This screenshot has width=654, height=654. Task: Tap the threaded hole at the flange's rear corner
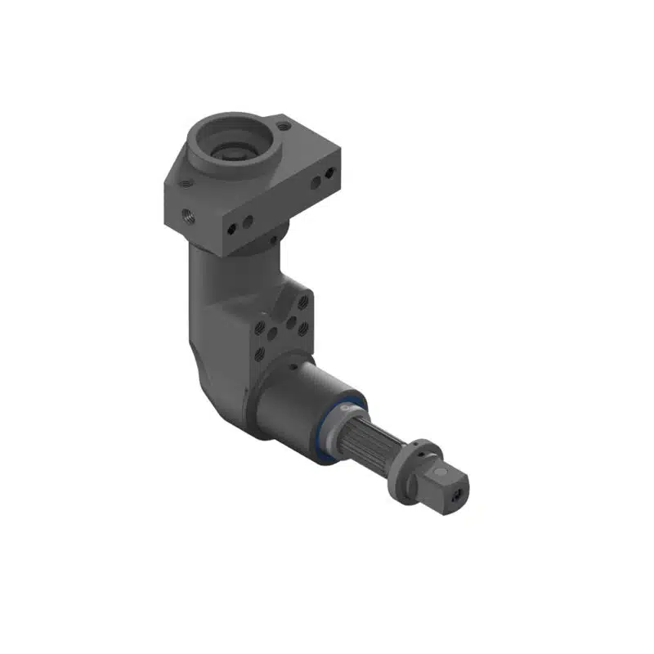[283, 126]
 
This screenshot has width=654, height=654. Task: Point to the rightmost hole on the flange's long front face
[329, 174]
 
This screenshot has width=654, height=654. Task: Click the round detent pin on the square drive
[442, 473]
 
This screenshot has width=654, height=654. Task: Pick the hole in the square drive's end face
[457, 493]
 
